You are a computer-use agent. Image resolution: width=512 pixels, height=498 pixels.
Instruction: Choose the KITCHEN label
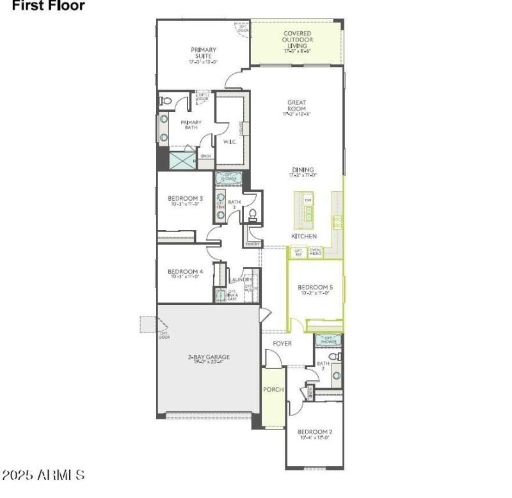click(304, 236)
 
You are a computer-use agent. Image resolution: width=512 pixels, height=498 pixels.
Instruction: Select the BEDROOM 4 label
click(186, 273)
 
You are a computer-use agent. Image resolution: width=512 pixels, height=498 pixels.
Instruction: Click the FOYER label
click(282, 343)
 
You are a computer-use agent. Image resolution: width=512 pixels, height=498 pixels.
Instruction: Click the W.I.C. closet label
click(229, 141)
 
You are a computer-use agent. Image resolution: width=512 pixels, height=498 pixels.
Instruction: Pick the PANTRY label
click(252, 244)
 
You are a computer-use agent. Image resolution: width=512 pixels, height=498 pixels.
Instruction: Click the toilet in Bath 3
click(252, 214)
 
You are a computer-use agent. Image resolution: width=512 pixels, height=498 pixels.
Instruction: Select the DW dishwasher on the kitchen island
click(308, 200)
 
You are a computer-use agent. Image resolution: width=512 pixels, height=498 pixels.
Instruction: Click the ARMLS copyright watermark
click(43, 476)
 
